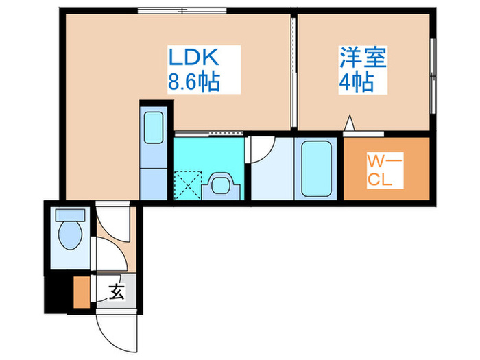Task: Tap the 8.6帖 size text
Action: [x=194, y=82]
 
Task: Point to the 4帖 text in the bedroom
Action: [x=356, y=82]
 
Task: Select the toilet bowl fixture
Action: [x=69, y=231]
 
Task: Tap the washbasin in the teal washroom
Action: [x=221, y=184]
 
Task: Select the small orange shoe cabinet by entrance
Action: [x=81, y=290]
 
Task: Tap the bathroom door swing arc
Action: [x=262, y=150]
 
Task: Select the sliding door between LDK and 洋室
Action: [x=293, y=72]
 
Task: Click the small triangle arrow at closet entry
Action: [x=349, y=123]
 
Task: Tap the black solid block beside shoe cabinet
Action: [x=58, y=293]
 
